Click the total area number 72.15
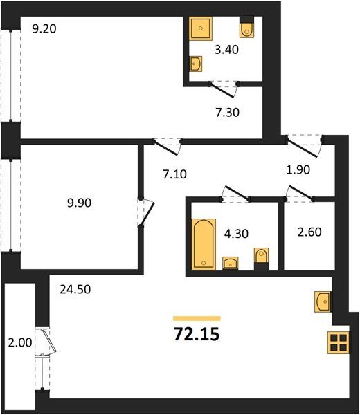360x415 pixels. coord(197,334)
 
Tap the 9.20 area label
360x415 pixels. coord(44,28)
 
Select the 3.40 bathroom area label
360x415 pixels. coord(227,50)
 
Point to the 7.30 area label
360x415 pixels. coord(227,113)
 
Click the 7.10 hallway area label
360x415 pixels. coord(174,174)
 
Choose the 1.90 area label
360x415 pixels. coord(298,169)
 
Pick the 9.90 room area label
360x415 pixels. coord(79,203)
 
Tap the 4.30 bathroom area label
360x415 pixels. coord(236,234)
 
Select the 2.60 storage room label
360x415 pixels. coord(309,232)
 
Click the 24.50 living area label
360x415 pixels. coord(75,290)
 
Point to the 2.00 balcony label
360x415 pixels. coord(20,343)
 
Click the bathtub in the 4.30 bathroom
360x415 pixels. coord(204,244)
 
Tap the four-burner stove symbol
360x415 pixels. coord(339,342)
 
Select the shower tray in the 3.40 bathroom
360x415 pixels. coord(201,28)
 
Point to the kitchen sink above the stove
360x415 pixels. coord(323,302)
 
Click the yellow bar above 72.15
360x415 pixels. coord(197,318)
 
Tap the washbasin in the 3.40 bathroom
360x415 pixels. coord(196,64)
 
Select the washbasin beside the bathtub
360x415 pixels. coord(231,264)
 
